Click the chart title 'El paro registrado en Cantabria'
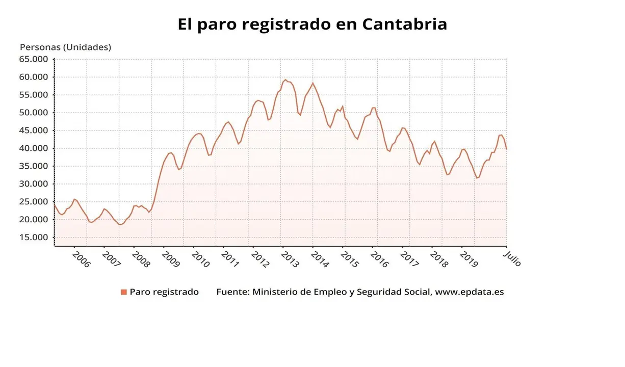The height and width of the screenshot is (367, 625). [312, 24]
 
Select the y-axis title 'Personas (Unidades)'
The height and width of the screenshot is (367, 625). [65, 47]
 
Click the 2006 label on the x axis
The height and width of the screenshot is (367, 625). [81, 259]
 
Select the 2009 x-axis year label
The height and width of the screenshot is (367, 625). [170, 259]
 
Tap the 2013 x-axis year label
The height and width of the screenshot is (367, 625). [290, 259]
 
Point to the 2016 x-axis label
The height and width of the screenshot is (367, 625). [379, 259]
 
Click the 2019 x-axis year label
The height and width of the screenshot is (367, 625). [468, 259]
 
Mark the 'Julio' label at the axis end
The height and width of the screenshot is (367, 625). [513, 257]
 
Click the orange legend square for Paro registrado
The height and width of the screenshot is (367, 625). [123, 292]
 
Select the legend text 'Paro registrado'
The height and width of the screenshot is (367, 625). [164, 292]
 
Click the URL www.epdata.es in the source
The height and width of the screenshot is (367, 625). [470, 292]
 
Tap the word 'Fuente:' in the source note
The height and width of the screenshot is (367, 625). [232, 292]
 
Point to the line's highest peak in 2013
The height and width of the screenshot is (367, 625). [285, 80]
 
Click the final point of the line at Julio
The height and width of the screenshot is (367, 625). [506, 149]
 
